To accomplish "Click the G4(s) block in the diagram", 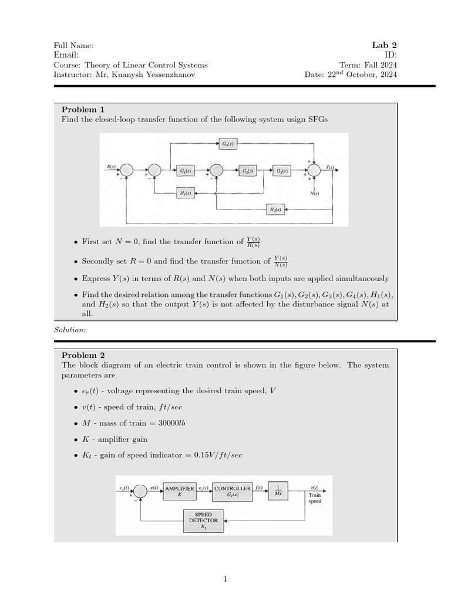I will pyautogui.click(x=228, y=143).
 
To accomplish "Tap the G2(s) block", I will pyautogui.click(x=247, y=171).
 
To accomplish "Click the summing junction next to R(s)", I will pyautogui.click(x=126, y=170).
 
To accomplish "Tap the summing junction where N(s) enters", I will pyautogui.click(x=317, y=170).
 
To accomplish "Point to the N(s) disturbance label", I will pyautogui.click(x=315, y=193).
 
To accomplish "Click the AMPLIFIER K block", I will pyautogui.click(x=180, y=492).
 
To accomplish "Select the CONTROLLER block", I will pyautogui.click(x=233, y=492).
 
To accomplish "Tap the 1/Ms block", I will pyautogui.click(x=278, y=491).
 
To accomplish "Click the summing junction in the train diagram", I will pyautogui.click(x=140, y=491).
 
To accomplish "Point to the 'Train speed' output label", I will pyautogui.click(x=315, y=498).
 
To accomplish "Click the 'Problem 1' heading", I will pyautogui.click(x=83, y=109).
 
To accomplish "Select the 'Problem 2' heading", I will pyautogui.click(x=83, y=354).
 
